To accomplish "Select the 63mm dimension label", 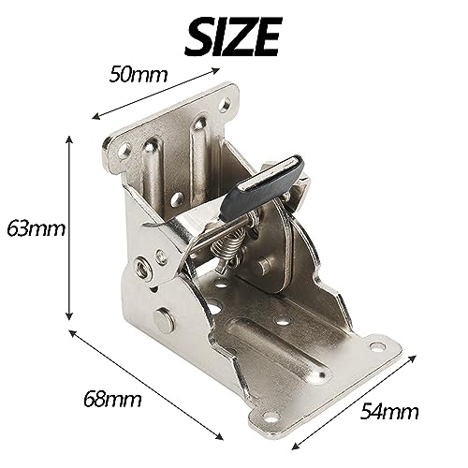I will point(33,228).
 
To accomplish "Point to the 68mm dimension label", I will point(110,400).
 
